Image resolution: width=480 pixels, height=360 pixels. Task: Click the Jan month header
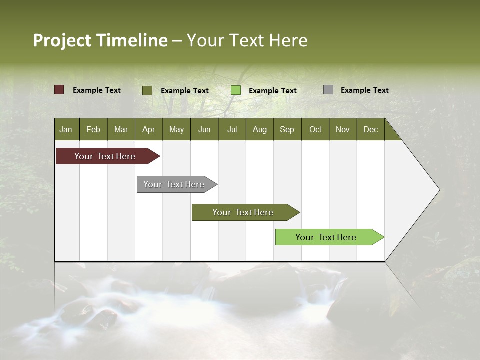pyautogui.click(x=66, y=129)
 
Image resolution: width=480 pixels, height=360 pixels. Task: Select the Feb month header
pyautogui.click(x=93, y=129)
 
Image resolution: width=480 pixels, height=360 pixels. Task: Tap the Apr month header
pyautogui.click(x=149, y=129)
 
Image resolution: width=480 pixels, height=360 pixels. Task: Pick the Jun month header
pyautogui.click(x=204, y=129)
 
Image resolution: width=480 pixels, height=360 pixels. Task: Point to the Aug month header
pyautogui.click(x=260, y=129)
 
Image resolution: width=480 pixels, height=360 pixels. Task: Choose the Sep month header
pyautogui.click(x=287, y=129)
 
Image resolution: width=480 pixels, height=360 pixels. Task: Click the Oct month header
pyautogui.click(x=315, y=129)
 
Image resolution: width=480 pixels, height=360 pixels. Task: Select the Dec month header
pyautogui.click(x=371, y=129)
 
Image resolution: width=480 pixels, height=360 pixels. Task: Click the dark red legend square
pyautogui.click(x=59, y=90)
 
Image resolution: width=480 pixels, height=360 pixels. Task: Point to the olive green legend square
pyautogui.click(x=147, y=90)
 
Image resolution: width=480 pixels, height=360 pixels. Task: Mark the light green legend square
pyautogui.click(x=236, y=90)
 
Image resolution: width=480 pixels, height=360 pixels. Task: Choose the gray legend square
pyautogui.click(x=328, y=90)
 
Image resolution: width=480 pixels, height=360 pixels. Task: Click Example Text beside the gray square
pyautogui.click(x=364, y=90)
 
